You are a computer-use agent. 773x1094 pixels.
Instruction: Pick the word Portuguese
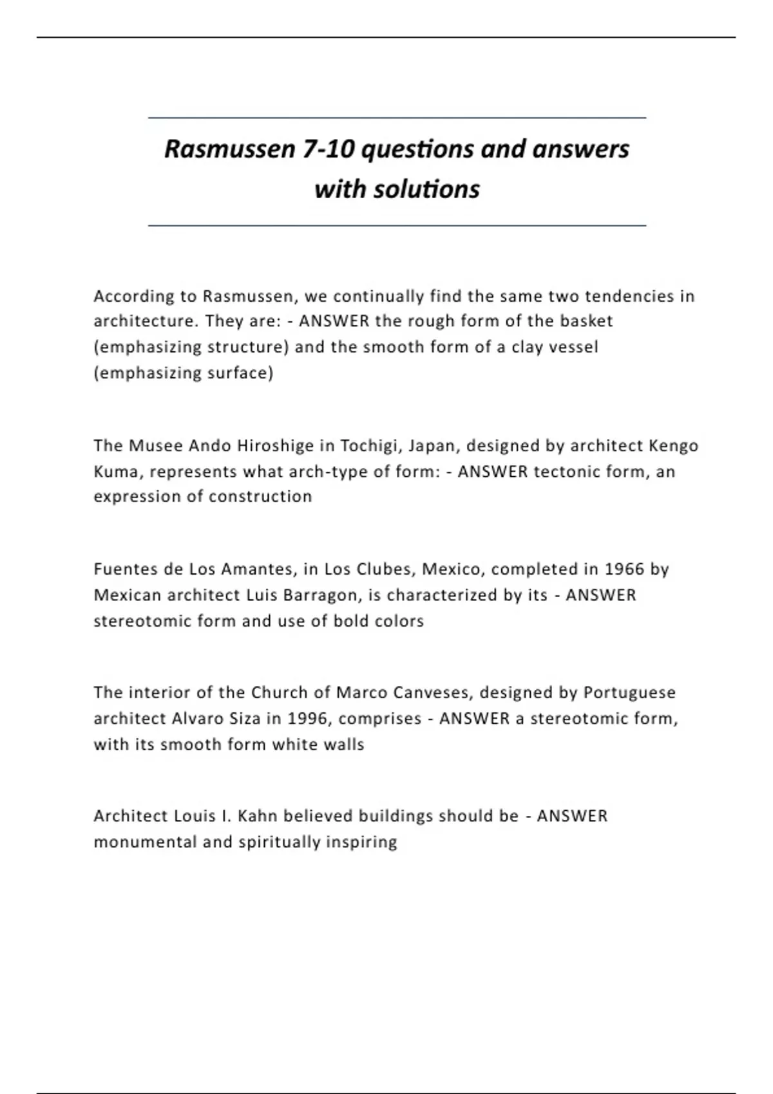629,692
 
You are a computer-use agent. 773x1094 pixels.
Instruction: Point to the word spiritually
279,842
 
